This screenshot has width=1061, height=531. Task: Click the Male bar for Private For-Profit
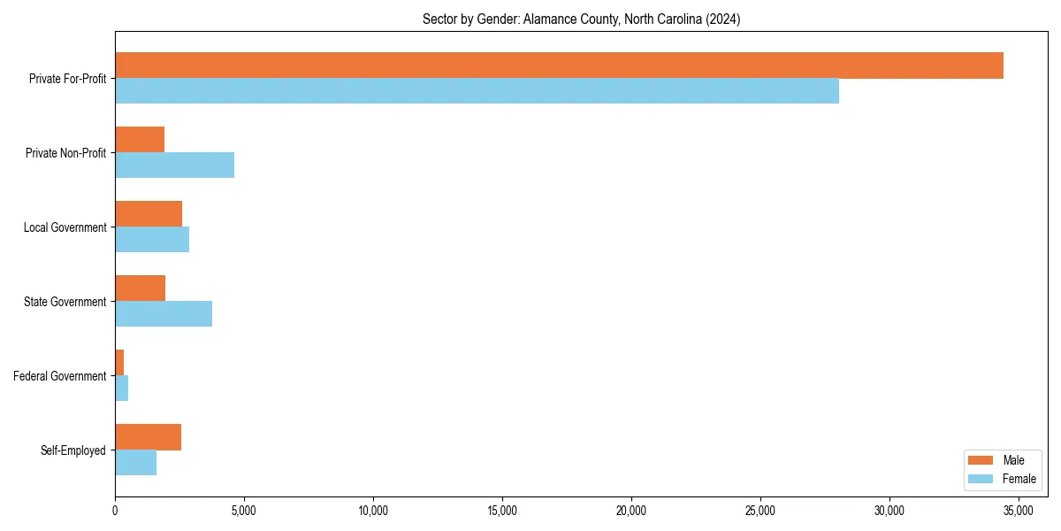(x=559, y=65)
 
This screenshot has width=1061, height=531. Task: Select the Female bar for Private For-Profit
(x=477, y=91)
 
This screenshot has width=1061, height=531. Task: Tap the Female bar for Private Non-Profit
(x=174, y=165)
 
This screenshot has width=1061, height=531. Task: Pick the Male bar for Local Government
(x=149, y=214)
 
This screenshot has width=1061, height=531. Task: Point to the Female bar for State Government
(x=164, y=314)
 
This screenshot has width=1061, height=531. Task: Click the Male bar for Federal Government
(x=119, y=363)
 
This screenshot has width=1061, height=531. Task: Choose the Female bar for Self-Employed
(x=135, y=463)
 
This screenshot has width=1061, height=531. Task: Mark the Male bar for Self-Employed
(x=148, y=437)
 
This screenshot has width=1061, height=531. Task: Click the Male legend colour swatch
(x=981, y=460)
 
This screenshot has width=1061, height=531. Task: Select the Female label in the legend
(x=1019, y=479)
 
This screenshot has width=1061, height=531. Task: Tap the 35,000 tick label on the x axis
(x=1018, y=511)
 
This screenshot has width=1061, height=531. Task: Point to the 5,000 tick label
(x=243, y=511)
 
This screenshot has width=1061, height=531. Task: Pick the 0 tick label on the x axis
(x=115, y=511)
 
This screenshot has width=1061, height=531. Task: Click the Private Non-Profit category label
(x=65, y=153)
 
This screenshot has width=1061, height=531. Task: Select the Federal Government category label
(x=59, y=376)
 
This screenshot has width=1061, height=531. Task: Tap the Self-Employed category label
(x=73, y=450)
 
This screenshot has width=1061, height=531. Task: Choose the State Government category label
(x=65, y=302)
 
